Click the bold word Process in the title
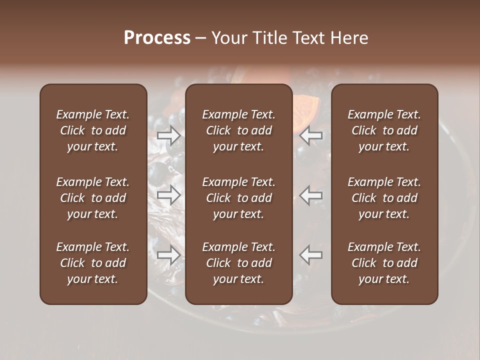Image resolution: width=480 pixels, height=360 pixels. pyautogui.click(x=157, y=38)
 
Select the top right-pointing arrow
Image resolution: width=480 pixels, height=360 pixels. pyautogui.click(x=168, y=135)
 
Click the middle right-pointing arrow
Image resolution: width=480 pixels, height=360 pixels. pyautogui.click(x=168, y=195)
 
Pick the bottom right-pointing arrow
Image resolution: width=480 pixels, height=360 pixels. pyautogui.click(x=168, y=255)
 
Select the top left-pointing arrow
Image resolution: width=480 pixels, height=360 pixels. pyautogui.click(x=311, y=135)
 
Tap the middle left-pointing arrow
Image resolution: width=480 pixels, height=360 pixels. pyautogui.click(x=311, y=195)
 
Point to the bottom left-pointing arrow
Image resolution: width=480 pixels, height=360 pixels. pyautogui.click(x=311, y=255)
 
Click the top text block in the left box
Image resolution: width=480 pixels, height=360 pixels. pyautogui.click(x=93, y=130)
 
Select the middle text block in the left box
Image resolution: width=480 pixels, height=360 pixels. pyautogui.click(x=93, y=198)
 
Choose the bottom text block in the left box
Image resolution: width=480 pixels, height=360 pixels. pyautogui.click(x=93, y=263)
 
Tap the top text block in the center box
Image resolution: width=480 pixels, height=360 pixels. pyautogui.click(x=238, y=130)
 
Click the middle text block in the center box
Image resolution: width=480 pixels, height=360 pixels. pyautogui.click(x=238, y=198)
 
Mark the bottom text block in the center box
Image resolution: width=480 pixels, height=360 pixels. pyautogui.click(x=238, y=263)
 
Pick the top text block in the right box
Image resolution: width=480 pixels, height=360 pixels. pyautogui.click(x=384, y=130)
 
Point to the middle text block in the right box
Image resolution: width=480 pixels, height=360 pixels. pyautogui.click(x=384, y=198)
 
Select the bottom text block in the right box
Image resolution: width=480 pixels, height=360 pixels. pyautogui.click(x=384, y=263)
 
